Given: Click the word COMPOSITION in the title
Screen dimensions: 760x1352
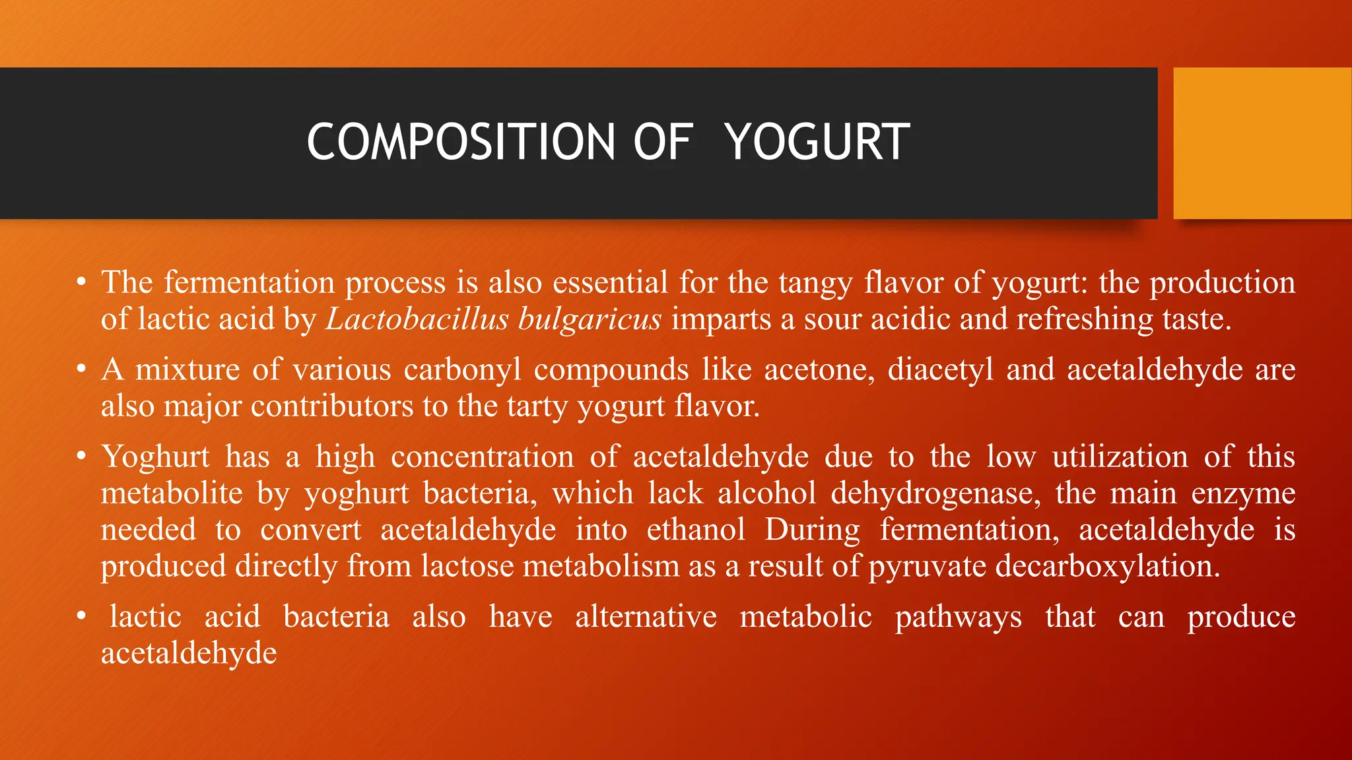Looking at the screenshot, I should (x=461, y=142).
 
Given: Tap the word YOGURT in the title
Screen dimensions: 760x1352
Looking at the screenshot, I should (x=817, y=142).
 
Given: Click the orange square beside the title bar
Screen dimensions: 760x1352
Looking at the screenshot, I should (x=1262, y=143).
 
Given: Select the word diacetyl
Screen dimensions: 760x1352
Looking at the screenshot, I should (x=941, y=370).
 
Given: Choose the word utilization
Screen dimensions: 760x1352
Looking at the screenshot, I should (x=1120, y=457).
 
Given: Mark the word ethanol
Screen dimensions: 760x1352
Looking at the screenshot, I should (x=696, y=530).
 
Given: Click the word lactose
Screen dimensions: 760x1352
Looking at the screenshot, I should (x=467, y=567).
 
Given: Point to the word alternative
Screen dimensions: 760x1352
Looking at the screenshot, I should (x=646, y=617).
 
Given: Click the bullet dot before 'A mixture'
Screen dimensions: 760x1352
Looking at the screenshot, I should (x=81, y=369).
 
